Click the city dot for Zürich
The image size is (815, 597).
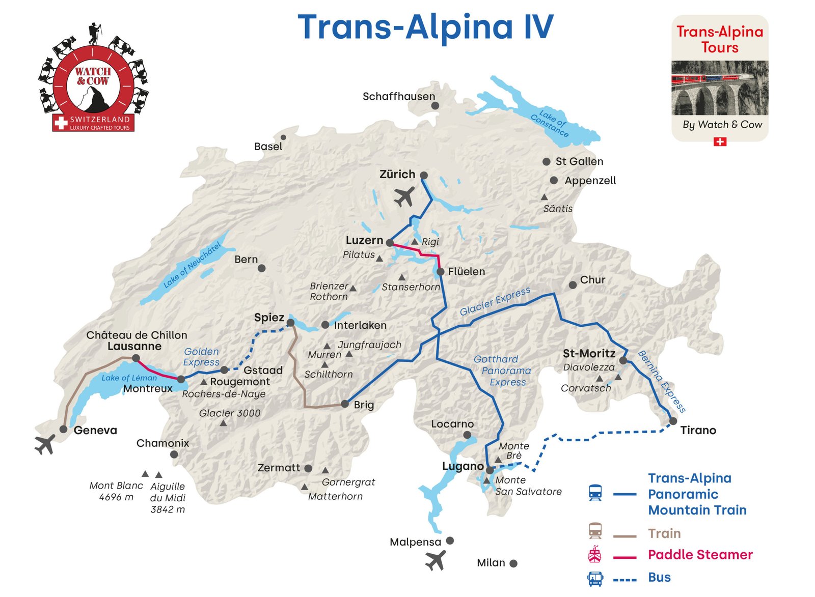pos(423,175)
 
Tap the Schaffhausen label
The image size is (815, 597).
pos(398,96)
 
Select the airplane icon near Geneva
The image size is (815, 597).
pos(45,444)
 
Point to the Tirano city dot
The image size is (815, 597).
pos(673,421)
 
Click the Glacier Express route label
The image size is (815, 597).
pos(495,301)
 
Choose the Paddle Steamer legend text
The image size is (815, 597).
pos(699,554)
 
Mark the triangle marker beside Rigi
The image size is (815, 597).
pos(415,241)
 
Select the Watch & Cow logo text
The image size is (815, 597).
pos(93,76)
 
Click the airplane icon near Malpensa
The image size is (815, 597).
pos(436,560)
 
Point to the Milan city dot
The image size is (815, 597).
pos(513,563)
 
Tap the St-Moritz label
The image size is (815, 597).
pos(589,353)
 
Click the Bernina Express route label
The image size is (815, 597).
pos(661,382)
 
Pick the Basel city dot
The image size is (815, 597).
pos(283,137)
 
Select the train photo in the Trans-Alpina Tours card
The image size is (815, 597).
pos(719,88)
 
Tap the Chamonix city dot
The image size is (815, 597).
pos(174,454)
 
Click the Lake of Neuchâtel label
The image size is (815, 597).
pos(192,265)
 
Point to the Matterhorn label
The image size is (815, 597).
pos(335,496)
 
